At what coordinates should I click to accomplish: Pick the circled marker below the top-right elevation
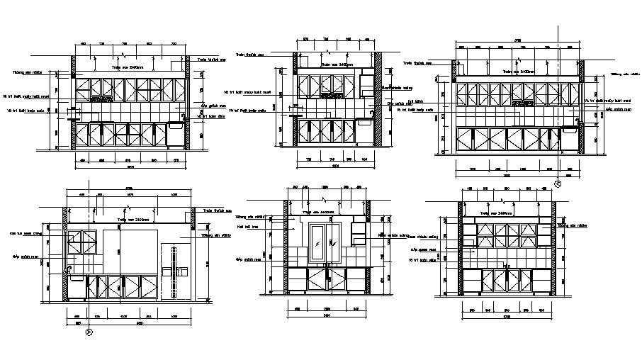click(x=557, y=184)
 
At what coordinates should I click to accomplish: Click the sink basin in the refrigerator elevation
click(x=76, y=276)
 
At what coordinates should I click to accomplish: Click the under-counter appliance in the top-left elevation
click(x=176, y=135)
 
